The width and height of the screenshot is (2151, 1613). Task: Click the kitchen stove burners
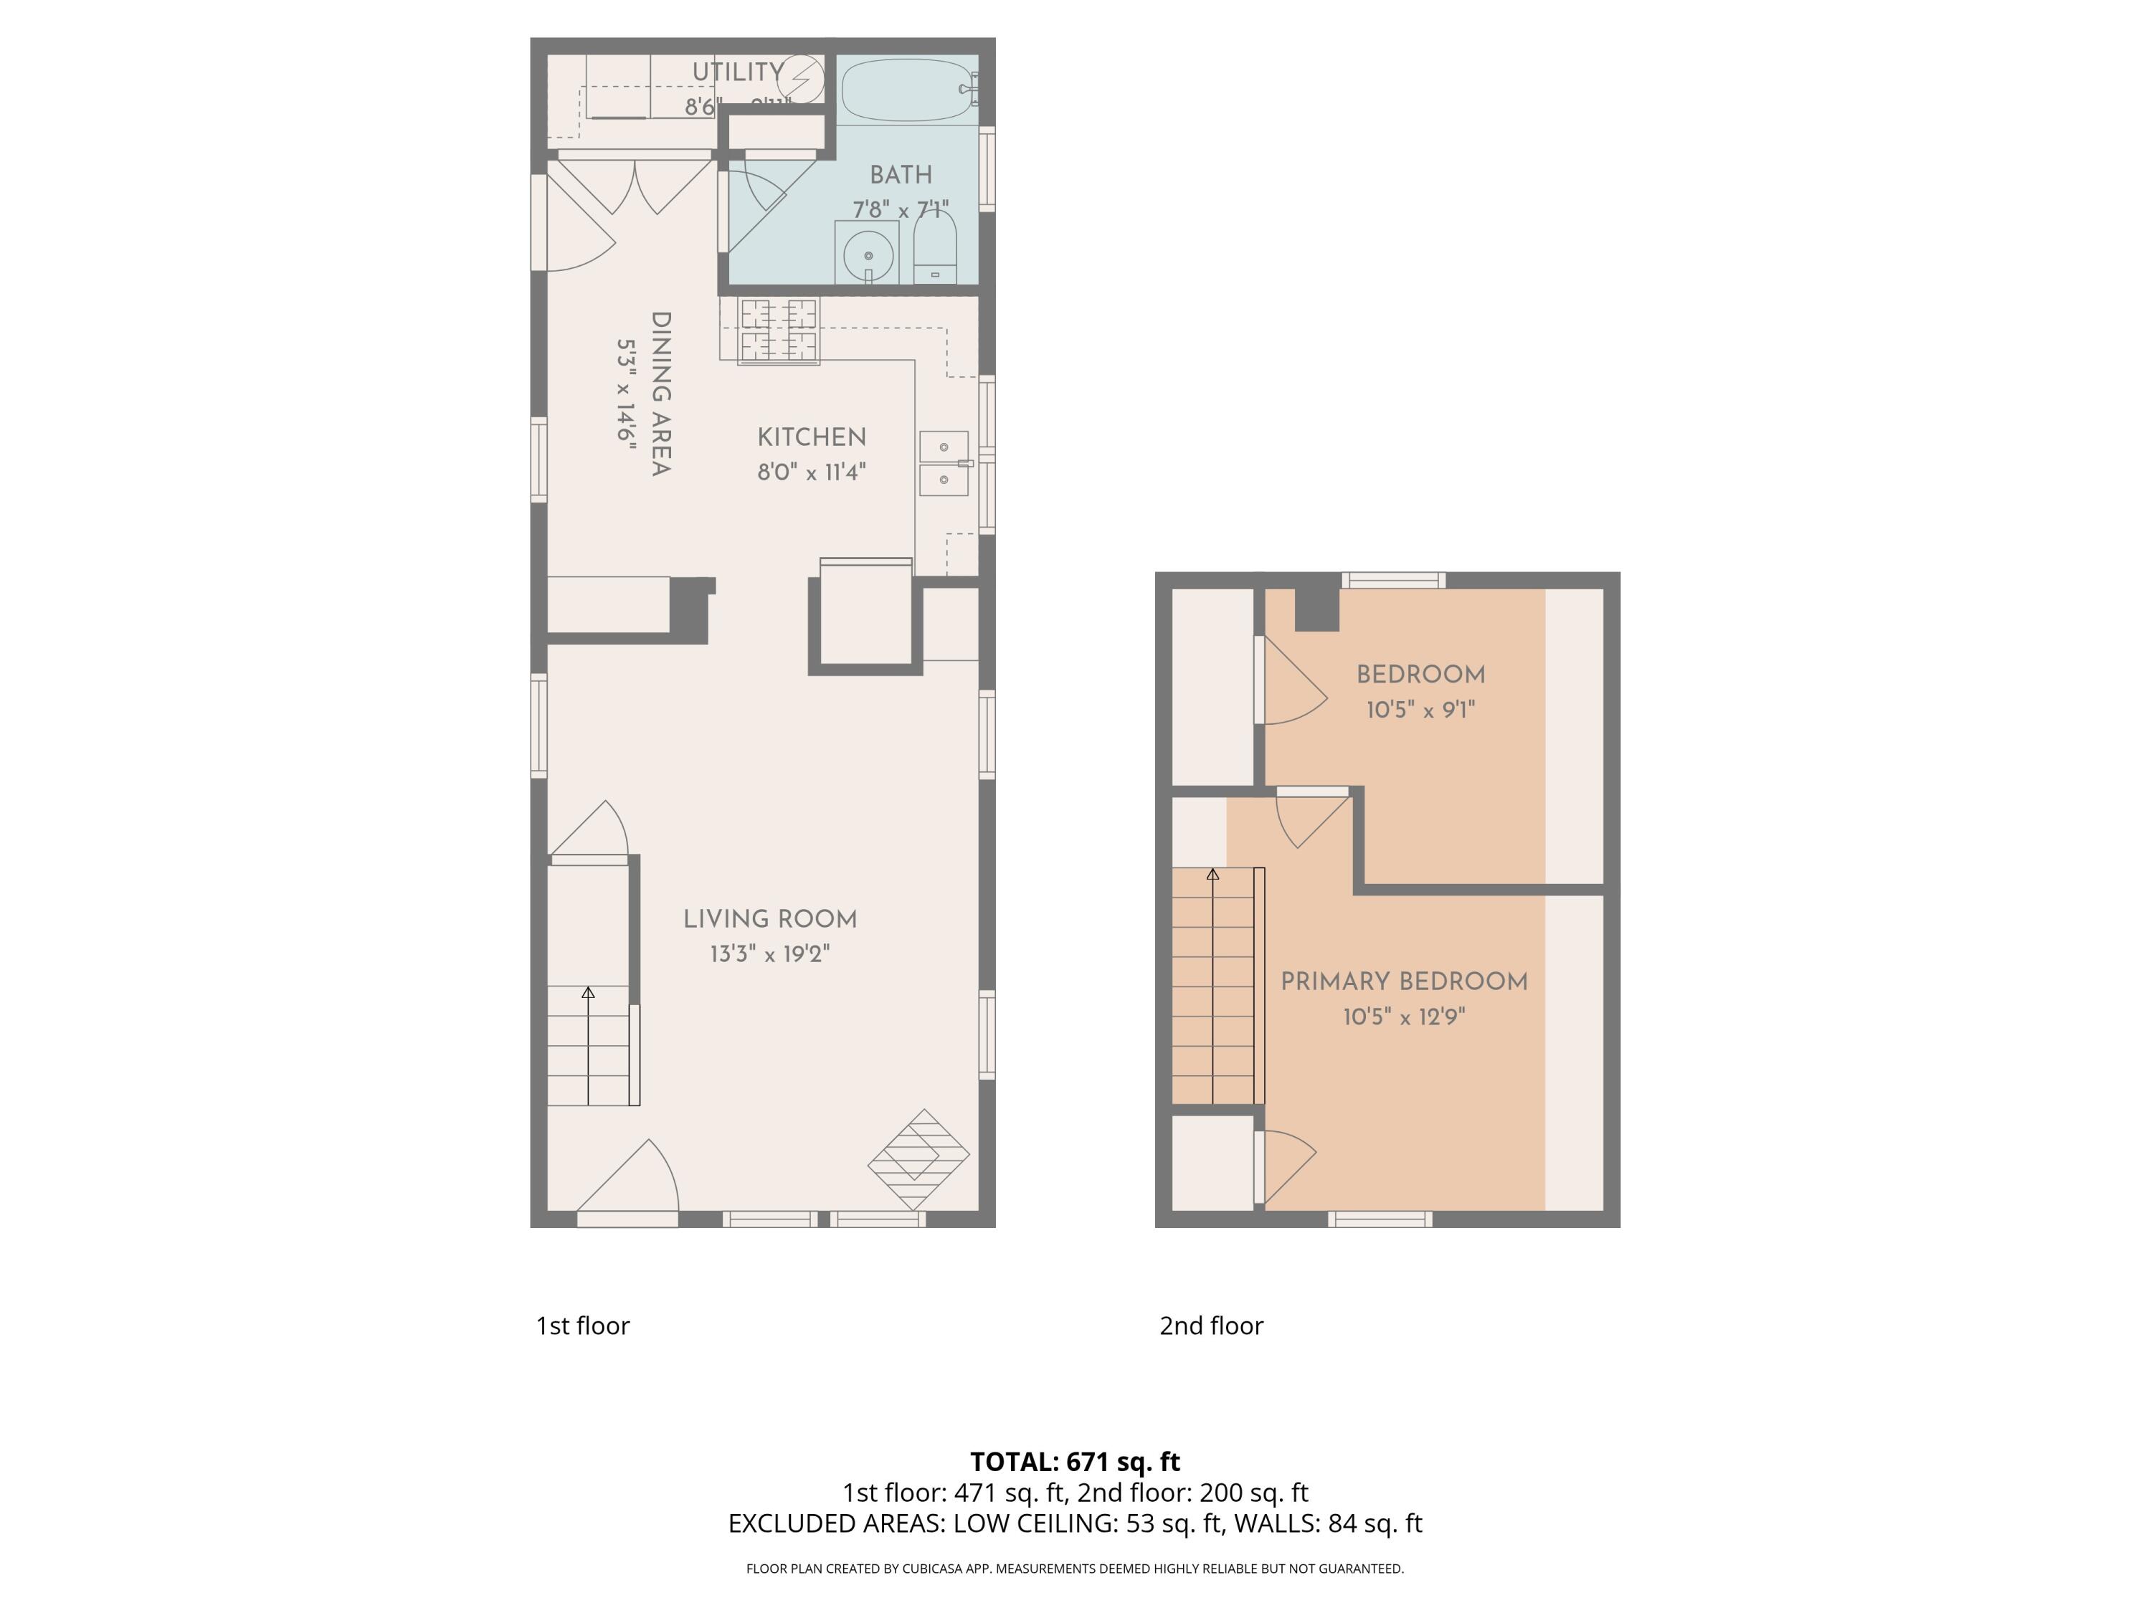[x=779, y=330]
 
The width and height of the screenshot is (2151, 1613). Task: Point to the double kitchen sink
[x=944, y=464]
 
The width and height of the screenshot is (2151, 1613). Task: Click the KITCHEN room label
[x=811, y=437]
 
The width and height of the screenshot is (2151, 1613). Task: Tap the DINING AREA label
[x=660, y=394]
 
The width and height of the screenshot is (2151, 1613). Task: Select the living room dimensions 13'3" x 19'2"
[x=769, y=953]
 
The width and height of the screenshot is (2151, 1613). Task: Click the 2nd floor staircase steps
[x=1212, y=987]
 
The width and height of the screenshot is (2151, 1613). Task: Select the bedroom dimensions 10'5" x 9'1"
[x=1420, y=710]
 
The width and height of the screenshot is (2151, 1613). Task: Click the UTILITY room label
[x=737, y=72]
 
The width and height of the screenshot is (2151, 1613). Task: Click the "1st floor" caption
[x=582, y=1326]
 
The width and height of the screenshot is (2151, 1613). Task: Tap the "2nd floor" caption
[x=1211, y=1326]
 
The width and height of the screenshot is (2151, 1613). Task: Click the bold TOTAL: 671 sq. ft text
[x=1075, y=1461]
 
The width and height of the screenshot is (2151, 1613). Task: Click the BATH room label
[x=901, y=175]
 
